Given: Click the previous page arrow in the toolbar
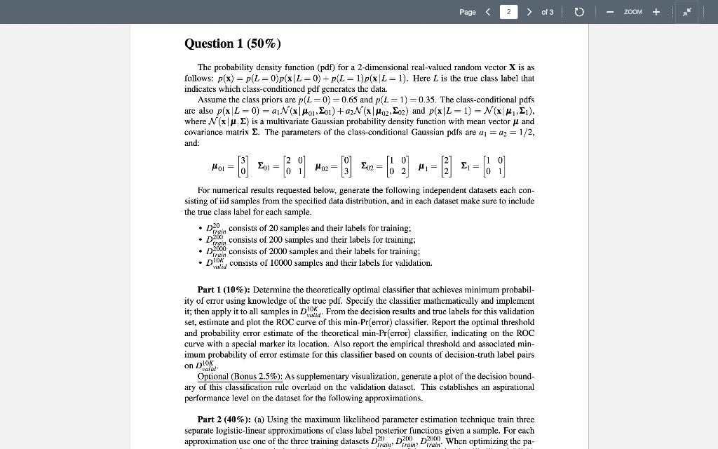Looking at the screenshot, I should (487, 12).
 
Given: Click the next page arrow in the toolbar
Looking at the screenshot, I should (529, 12).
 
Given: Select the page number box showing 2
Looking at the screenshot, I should (508, 12).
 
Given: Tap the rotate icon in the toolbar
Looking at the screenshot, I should (579, 12).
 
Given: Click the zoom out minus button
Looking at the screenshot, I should (610, 12).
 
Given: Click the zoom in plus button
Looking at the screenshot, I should (656, 12).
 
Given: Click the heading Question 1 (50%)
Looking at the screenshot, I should (232, 43).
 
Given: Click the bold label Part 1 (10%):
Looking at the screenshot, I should (224, 289).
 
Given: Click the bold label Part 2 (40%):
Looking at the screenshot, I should (224, 420).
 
